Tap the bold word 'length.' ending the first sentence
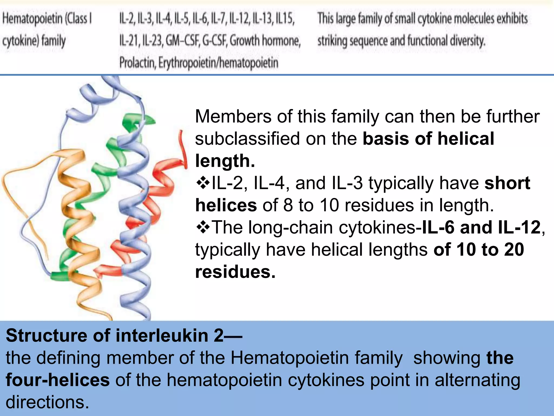pyautogui.click(x=225, y=161)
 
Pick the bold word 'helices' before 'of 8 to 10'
pyautogui.click(x=226, y=205)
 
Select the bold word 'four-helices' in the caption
pyautogui.click(x=58, y=380)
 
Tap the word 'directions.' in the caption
pyautogui.click(x=47, y=402)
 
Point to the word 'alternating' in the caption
pyautogui.click(x=477, y=380)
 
